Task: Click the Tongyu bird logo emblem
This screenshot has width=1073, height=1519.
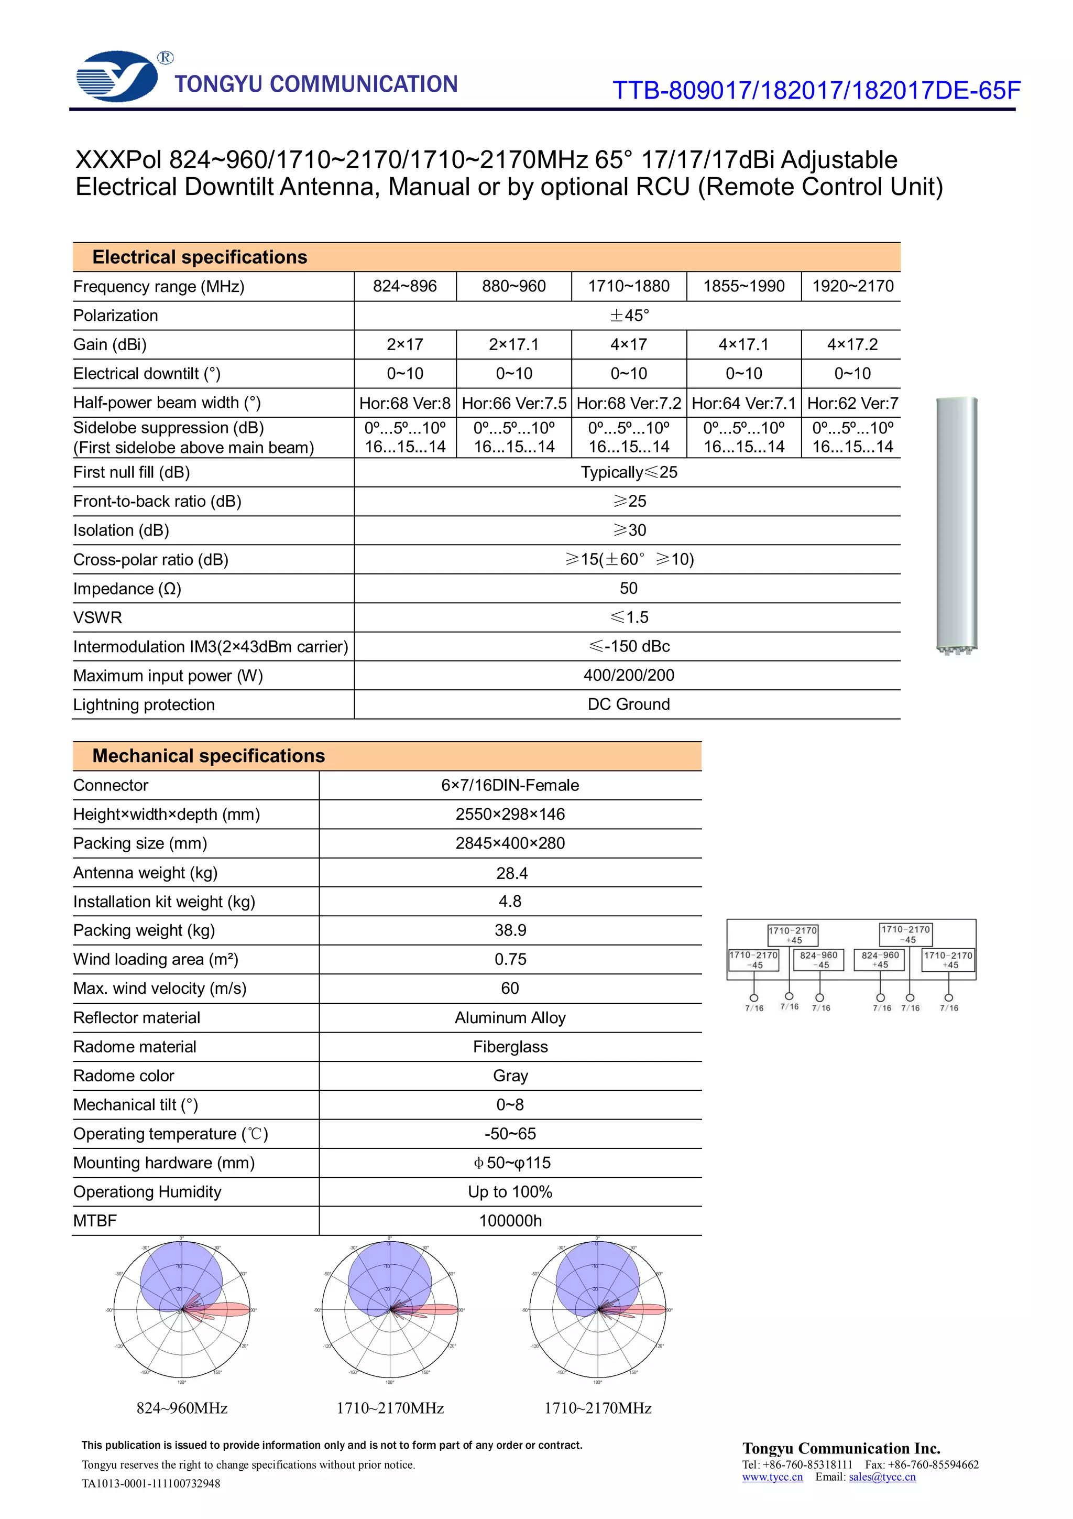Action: pos(118,76)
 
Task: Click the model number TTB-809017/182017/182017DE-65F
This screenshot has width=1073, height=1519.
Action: pos(816,91)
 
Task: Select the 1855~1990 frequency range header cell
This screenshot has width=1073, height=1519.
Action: pos(744,287)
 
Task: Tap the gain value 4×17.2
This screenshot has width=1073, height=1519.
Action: pos(852,345)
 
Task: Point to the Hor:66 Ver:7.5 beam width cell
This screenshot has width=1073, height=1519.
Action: pos(513,403)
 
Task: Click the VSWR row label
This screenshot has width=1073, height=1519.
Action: pos(98,617)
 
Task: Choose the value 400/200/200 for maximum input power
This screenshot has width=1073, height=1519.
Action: pos(628,676)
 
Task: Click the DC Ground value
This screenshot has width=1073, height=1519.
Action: pos(628,704)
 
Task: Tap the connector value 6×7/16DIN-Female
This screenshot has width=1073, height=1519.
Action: pos(510,785)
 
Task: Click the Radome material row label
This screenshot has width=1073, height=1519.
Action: pos(135,1047)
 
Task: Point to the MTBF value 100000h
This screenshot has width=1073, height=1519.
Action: pos(510,1221)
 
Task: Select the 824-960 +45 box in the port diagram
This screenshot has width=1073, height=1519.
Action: pos(879,959)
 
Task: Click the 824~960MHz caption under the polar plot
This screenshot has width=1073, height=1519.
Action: pos(182,1408)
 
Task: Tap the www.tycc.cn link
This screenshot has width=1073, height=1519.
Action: pos(772,1477)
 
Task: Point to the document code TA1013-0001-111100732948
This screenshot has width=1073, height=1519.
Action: pos(151,1483)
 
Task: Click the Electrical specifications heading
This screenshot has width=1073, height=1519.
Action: pos(200,257)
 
